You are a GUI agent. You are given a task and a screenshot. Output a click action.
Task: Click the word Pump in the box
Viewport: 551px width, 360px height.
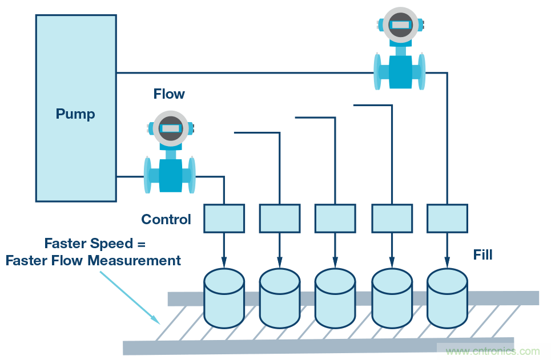click(x=75, y=114)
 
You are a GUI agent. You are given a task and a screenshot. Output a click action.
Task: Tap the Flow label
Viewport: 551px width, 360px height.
click(x=169, y=94)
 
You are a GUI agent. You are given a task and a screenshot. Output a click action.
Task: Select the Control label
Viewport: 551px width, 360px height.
click(x=166, y=220)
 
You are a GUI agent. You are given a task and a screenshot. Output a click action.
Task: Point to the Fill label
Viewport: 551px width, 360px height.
click(x=483, y=254)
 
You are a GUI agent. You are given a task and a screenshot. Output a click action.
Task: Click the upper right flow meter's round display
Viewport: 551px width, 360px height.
click(x=401, y=25)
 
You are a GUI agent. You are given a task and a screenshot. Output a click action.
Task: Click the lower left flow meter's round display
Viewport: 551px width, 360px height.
click(x=170, y=129)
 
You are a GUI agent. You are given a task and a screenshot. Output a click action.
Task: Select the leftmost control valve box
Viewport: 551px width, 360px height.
click(x=224, y=218)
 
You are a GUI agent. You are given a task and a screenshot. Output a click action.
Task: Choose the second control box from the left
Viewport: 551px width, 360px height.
click(x=280, y=218)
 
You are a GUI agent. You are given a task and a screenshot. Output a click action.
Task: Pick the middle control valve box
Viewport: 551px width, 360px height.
click(x=335, y=218)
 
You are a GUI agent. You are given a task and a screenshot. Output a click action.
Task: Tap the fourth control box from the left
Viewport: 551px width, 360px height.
click(x=392, y=218)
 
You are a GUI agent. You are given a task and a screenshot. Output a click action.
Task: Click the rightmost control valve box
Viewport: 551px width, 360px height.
click(x=447, y=218)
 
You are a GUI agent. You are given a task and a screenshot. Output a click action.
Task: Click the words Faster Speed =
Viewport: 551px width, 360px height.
click(x=95, y=244)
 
